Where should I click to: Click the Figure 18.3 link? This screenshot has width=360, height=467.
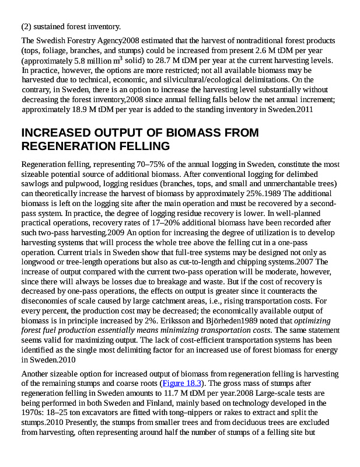coord(181,384)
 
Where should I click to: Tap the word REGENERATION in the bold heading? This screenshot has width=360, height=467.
coord(65,146)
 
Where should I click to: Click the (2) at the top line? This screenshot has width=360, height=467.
coord(27,26)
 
